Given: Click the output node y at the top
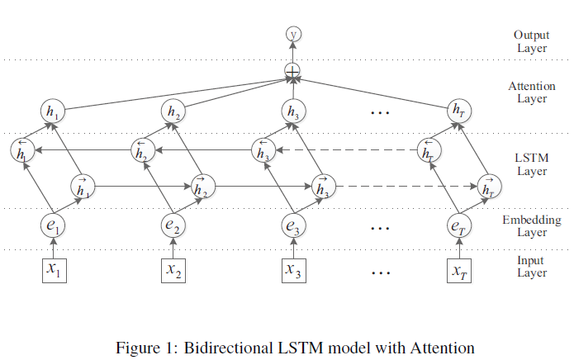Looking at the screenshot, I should point(292,34).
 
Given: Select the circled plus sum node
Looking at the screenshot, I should point(292,72).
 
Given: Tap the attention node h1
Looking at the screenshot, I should point(53,111).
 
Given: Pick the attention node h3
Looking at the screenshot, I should point(292,111).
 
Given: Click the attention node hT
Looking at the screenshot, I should point(458,110).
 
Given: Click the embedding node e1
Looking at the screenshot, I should point(53,224).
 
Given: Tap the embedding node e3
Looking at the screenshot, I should point(292,224).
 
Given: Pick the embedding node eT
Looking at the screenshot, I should point(458,224).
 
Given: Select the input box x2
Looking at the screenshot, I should point(173,269).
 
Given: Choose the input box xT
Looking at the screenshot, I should point(458,269).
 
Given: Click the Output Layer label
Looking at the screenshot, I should point(531,41).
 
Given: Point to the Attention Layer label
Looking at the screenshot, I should point(531,92).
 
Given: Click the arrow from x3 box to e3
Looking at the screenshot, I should point(292,247).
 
